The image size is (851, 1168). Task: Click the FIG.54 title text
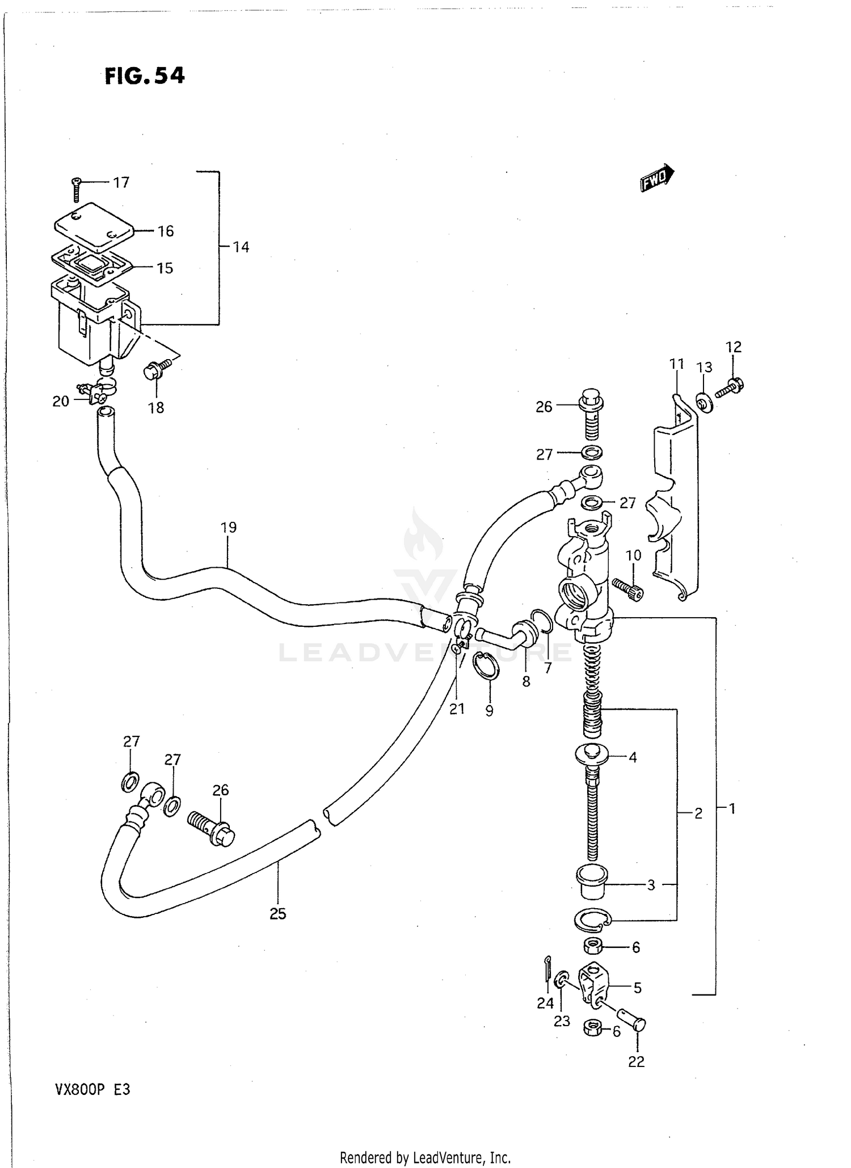(x=145, y=75)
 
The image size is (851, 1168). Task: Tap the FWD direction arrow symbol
(x=657, y=179)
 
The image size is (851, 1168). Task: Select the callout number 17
(x=121, y=182)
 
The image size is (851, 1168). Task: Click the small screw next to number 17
(x=77, y=189)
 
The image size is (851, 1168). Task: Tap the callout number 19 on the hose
(x=228, y=528)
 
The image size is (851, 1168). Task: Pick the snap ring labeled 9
(x=487, y=664)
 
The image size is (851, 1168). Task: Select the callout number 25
(x=277, y=914)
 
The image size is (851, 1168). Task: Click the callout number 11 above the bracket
(x=676, y=364)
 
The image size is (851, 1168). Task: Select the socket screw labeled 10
(x=629, y=589)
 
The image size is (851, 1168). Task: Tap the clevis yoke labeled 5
(x=593, y=986)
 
